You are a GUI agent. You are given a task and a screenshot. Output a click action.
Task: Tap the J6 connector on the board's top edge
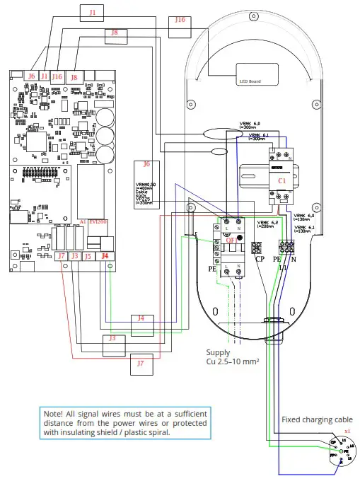(x=30, y=76)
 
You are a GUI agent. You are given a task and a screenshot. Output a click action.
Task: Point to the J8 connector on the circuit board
(x=73, y=76)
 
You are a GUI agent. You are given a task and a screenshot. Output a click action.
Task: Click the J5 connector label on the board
(x=88, y=256)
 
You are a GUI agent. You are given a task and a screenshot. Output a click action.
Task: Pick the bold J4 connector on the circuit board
(x=105, y=256)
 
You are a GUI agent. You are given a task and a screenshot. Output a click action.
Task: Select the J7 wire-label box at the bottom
(x=140, y=364)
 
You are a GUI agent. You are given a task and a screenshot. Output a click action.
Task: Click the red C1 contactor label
(x=281, y=181)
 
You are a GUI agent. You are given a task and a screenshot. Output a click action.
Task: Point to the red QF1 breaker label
(x=230, y=239)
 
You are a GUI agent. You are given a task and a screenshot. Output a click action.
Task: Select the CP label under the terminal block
(x=258, y=259)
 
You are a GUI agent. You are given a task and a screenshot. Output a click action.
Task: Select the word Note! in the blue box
(x=55, y=413)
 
